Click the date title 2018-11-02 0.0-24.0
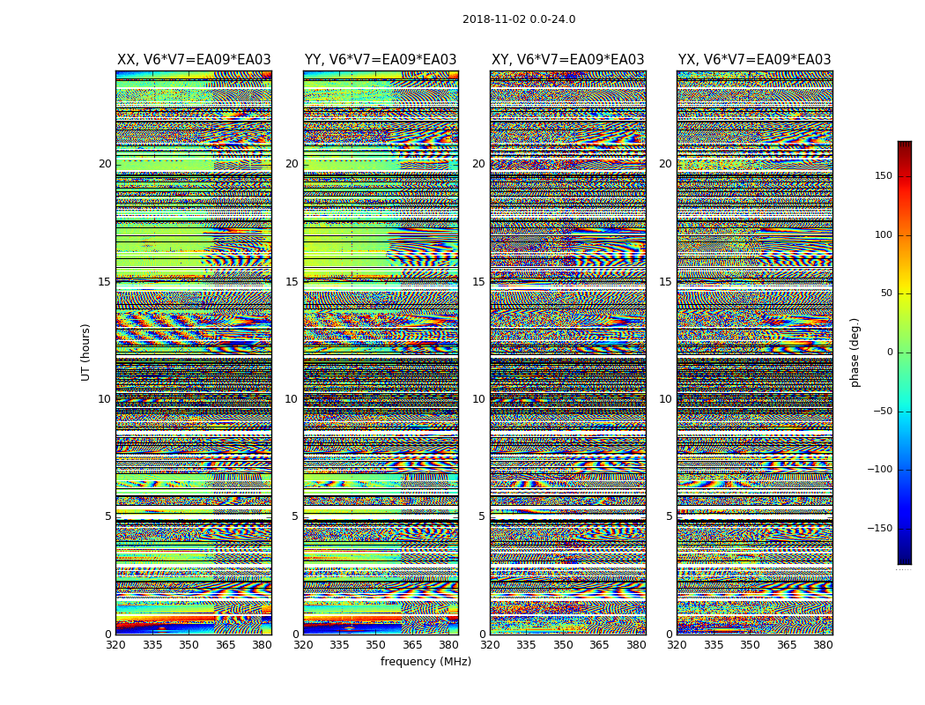pos(519,19)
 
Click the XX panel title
pos(194,60)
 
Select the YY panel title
pos(381,60)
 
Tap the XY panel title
pos(567,60)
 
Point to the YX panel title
pos(754,60)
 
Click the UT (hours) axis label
pos(86,352)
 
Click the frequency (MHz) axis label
pos(425,662)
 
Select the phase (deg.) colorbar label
pos(855,352)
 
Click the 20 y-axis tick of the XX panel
pos(105,164)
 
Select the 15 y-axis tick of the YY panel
pos(292,282)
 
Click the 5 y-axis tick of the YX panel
pos(669,516)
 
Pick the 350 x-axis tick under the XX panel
pos(189,646)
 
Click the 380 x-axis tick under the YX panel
pos(823,646)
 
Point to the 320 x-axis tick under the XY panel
pos(491,646)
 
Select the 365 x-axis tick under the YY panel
pos(412,646)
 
